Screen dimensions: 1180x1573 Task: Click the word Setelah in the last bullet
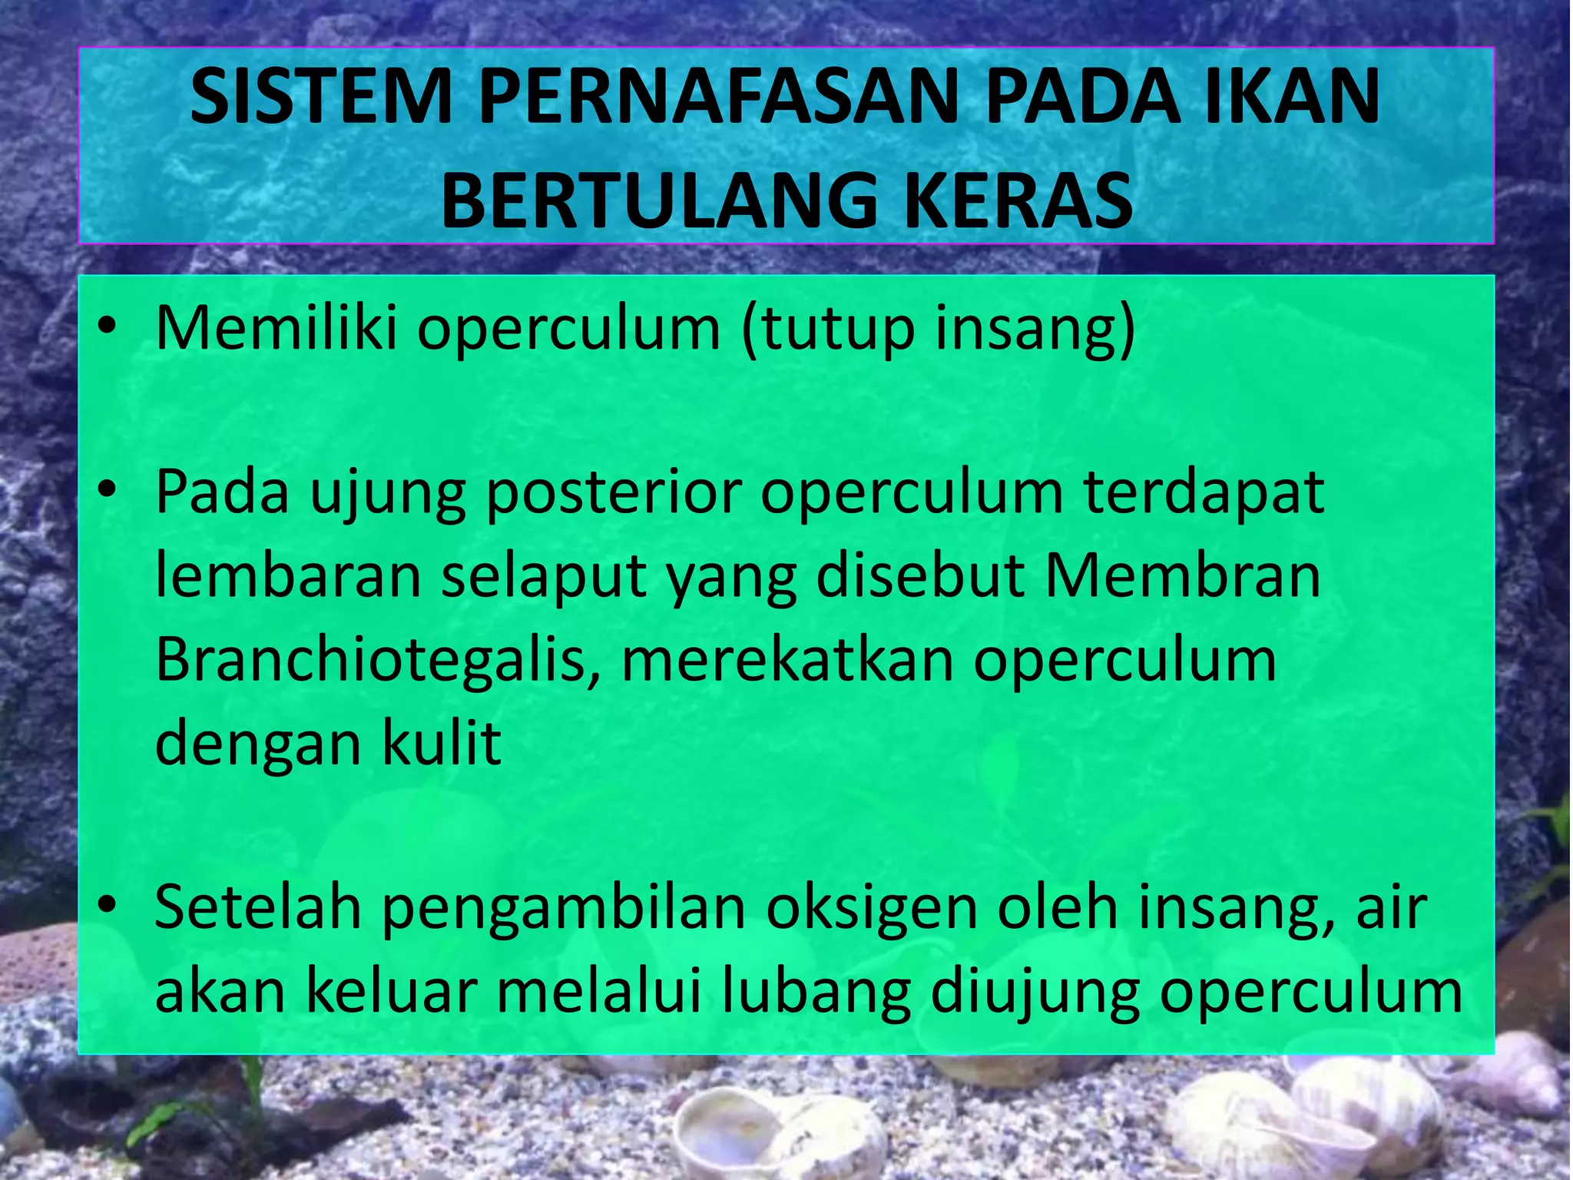pos(257,909)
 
